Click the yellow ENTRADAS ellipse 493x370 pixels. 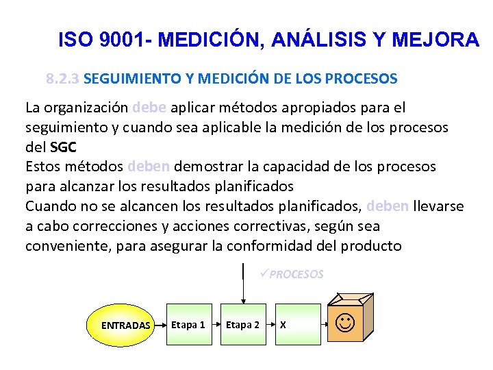pos(125,325)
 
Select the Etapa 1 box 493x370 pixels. pos(188,324)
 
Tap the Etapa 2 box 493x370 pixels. pos(242,324)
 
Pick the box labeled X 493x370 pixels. pos(297,324)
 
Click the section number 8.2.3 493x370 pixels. pos(63,79)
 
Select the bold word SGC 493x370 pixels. pos(63,147)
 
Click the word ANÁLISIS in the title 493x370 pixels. pos(323,40)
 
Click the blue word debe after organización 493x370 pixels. pos(149,108)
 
